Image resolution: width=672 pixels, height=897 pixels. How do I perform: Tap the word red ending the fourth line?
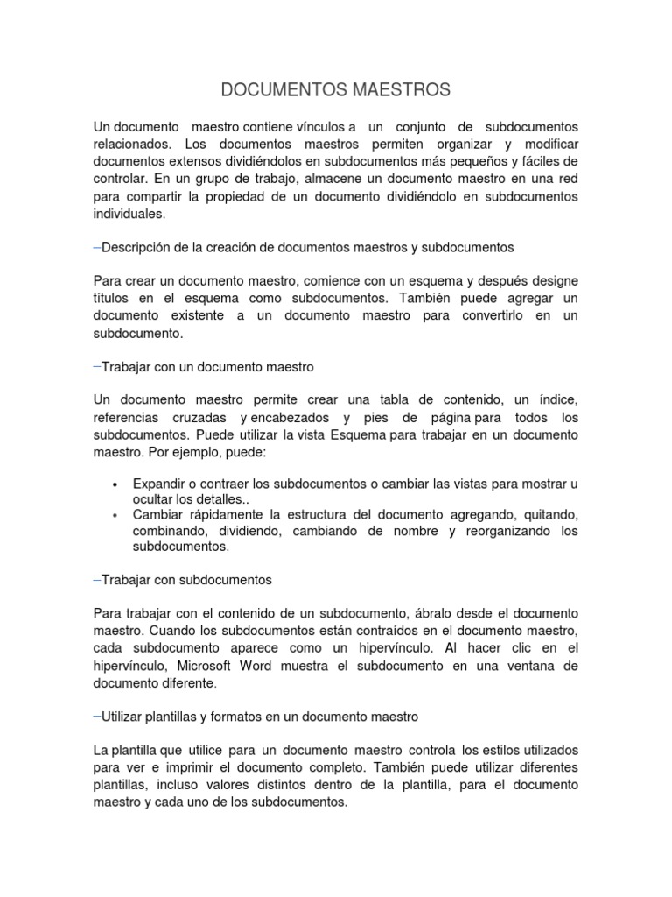coord(566,179)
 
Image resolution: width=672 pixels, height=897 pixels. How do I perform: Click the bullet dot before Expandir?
coord(115,485)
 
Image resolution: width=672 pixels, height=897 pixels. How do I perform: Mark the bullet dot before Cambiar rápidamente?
coord(115,514)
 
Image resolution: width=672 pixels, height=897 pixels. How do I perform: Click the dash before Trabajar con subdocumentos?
coord(96,579)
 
